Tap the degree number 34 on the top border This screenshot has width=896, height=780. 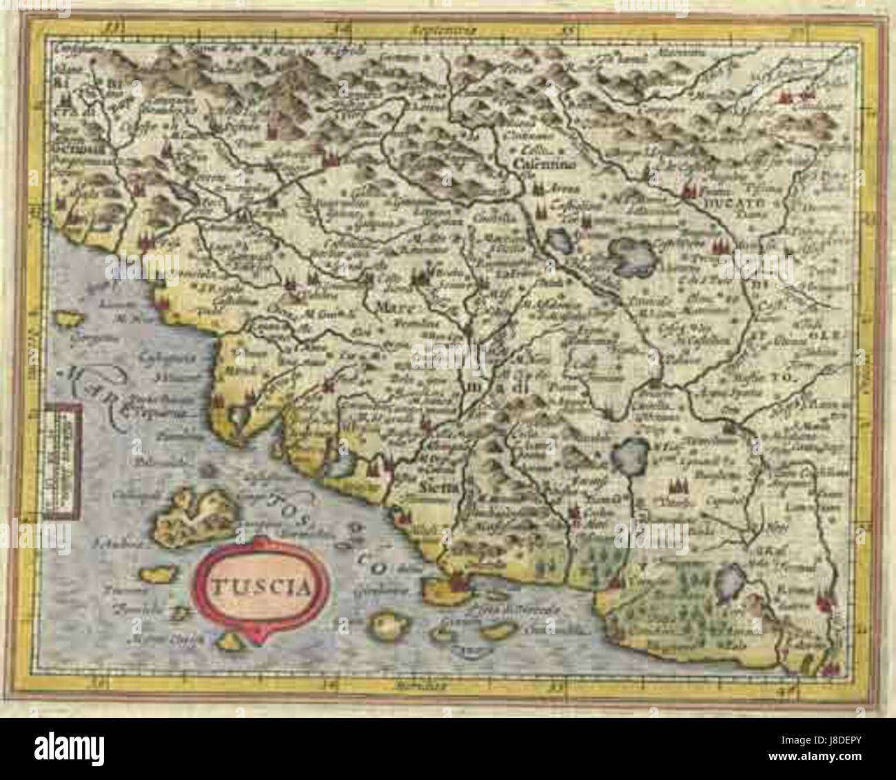[x=338, y=29]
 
